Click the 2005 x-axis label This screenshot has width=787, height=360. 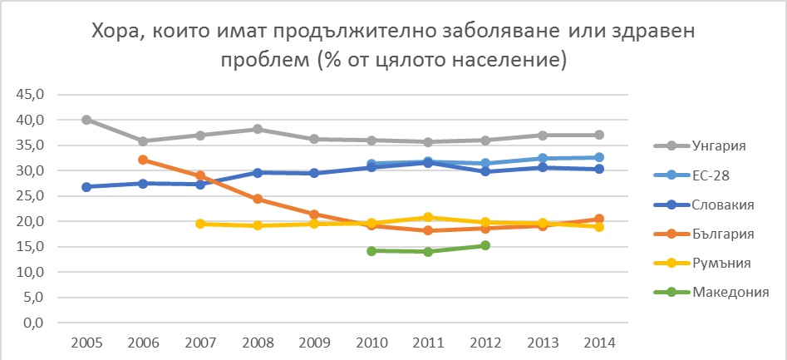(x=86, y=343)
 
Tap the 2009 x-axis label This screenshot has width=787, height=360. (x=313, y=343)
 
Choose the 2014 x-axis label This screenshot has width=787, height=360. (x=598, y=343)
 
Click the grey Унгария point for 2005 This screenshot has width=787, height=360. (x=86, y=120)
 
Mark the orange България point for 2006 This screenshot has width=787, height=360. (x=143, y=160)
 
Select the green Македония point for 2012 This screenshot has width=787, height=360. (x=484, y=245)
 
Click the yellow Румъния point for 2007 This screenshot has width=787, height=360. (x=199, y=224)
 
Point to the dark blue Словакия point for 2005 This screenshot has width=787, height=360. (x=86, y=186)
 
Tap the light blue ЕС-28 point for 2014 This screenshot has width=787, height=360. (x=598, y=157)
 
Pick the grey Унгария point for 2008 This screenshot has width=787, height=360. (x=257, y=129)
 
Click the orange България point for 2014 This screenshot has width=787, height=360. (x=598, y=219)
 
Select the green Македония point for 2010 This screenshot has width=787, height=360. (x=371, y=250)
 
